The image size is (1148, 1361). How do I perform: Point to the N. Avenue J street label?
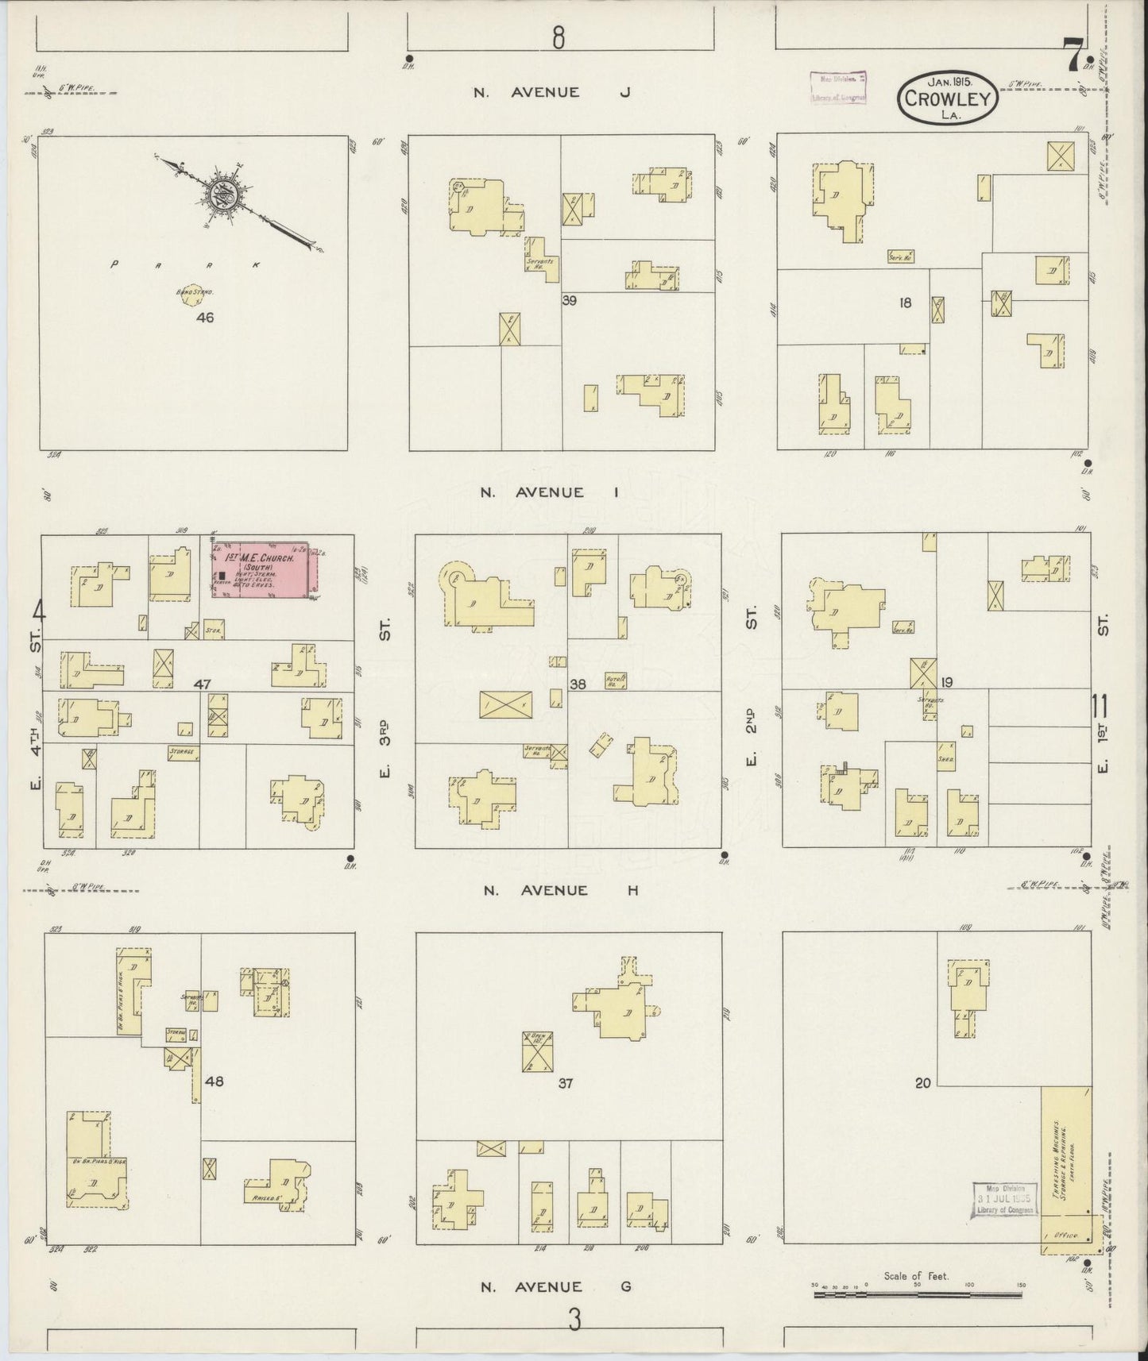551,92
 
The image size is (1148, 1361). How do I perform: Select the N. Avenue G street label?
555,1286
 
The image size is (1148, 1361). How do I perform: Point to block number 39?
569,301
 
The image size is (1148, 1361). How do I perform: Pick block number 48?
214,1081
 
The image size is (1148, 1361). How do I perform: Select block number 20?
922,1081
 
